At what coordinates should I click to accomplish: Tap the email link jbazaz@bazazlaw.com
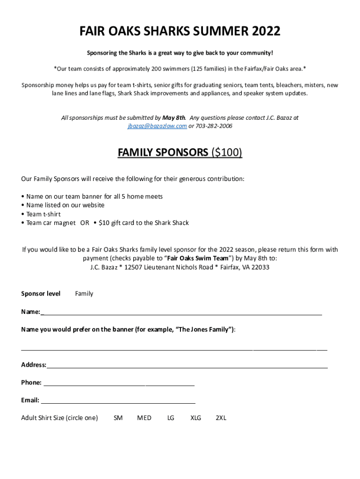tap(157, 126)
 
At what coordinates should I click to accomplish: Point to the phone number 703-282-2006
tap(214, 126)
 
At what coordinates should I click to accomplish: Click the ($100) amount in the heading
tap(227, 152)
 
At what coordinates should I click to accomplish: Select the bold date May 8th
tap(174, 118)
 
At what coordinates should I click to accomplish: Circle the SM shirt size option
tap(118, 418)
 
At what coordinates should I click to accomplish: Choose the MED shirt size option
tap(144, 418)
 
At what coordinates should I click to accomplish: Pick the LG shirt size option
tap(171, 418)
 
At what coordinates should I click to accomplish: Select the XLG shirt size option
tap(195, 418)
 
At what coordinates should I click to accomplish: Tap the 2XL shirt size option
tap(221, 418)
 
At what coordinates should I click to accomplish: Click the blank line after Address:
tap(187, 365)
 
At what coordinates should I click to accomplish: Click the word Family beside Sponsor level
tap(84, 294)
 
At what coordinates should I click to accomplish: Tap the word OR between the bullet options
tap(85, 223)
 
